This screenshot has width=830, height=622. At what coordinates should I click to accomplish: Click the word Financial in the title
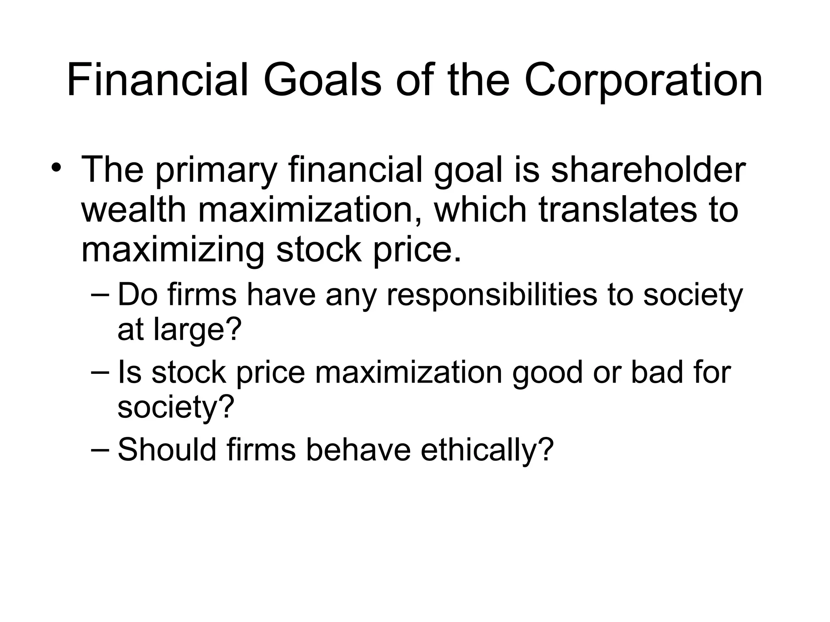[x=157, y=80]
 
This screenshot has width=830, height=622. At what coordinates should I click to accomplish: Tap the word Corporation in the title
[x=643, y=80]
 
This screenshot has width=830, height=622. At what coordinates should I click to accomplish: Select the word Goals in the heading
[x=323, y=80]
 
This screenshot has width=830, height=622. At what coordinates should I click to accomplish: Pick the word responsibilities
[x=492, y=294]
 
